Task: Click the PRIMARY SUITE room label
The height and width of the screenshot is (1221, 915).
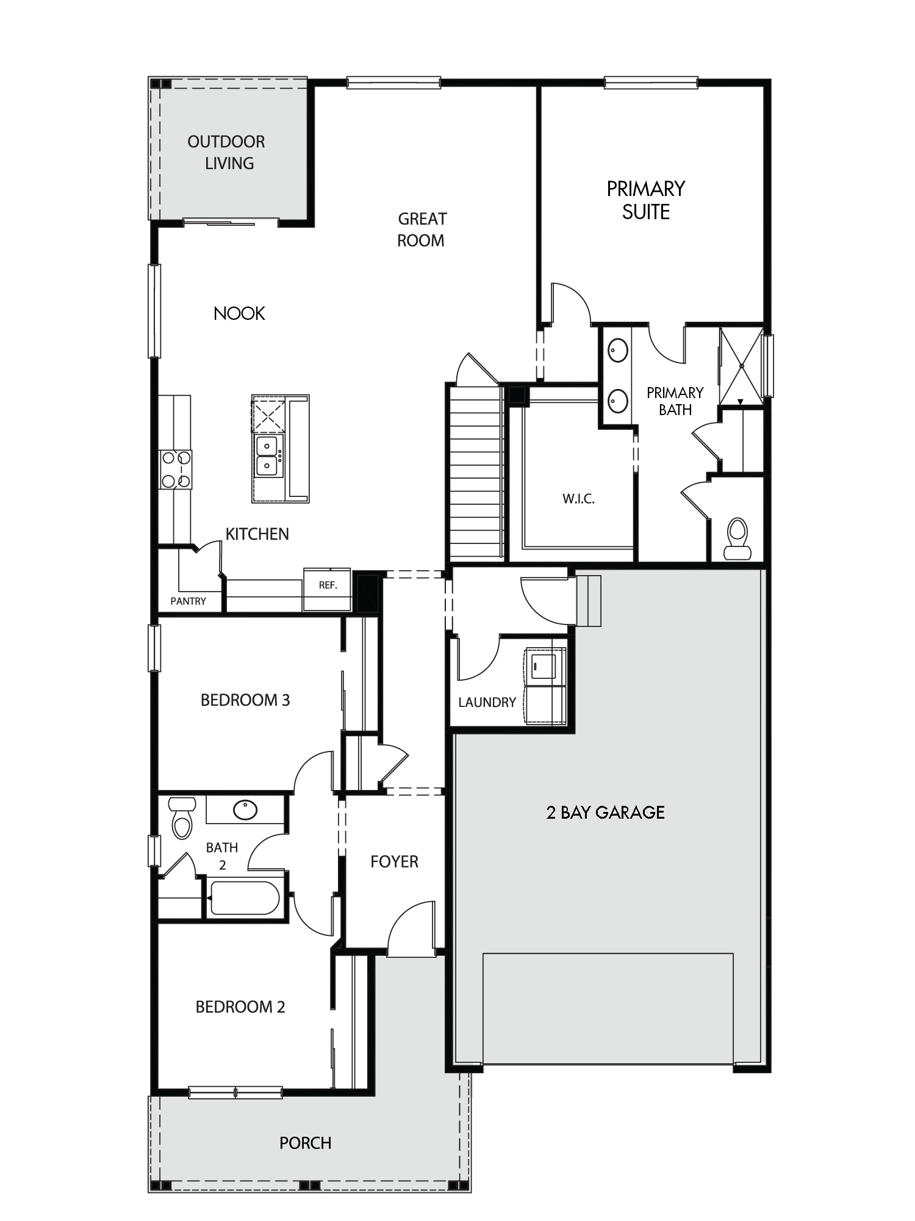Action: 646,200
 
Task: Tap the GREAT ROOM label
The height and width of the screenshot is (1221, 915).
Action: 422,230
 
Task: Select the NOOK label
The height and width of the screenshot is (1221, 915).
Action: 239,314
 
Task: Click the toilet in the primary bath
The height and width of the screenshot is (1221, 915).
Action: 737,539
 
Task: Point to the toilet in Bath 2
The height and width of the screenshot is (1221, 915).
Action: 182,817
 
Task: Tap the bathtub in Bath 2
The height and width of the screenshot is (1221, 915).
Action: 245,898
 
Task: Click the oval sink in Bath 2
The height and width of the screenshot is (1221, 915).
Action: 245,810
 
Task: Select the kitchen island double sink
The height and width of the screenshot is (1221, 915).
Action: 267,455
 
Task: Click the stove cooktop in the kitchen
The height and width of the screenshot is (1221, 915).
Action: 176,469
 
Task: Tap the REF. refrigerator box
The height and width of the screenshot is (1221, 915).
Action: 328,590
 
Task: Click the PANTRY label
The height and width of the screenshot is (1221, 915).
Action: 188,601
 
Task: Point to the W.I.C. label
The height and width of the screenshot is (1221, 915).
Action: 578,499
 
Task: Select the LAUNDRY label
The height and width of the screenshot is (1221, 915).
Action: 487,702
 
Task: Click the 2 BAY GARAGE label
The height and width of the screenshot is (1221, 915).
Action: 606,812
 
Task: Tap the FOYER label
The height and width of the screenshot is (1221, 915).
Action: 394,861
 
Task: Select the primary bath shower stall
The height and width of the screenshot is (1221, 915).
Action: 742,366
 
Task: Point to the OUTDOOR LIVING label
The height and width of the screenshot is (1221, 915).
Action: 227,153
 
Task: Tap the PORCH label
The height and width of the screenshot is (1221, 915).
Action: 305,1143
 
